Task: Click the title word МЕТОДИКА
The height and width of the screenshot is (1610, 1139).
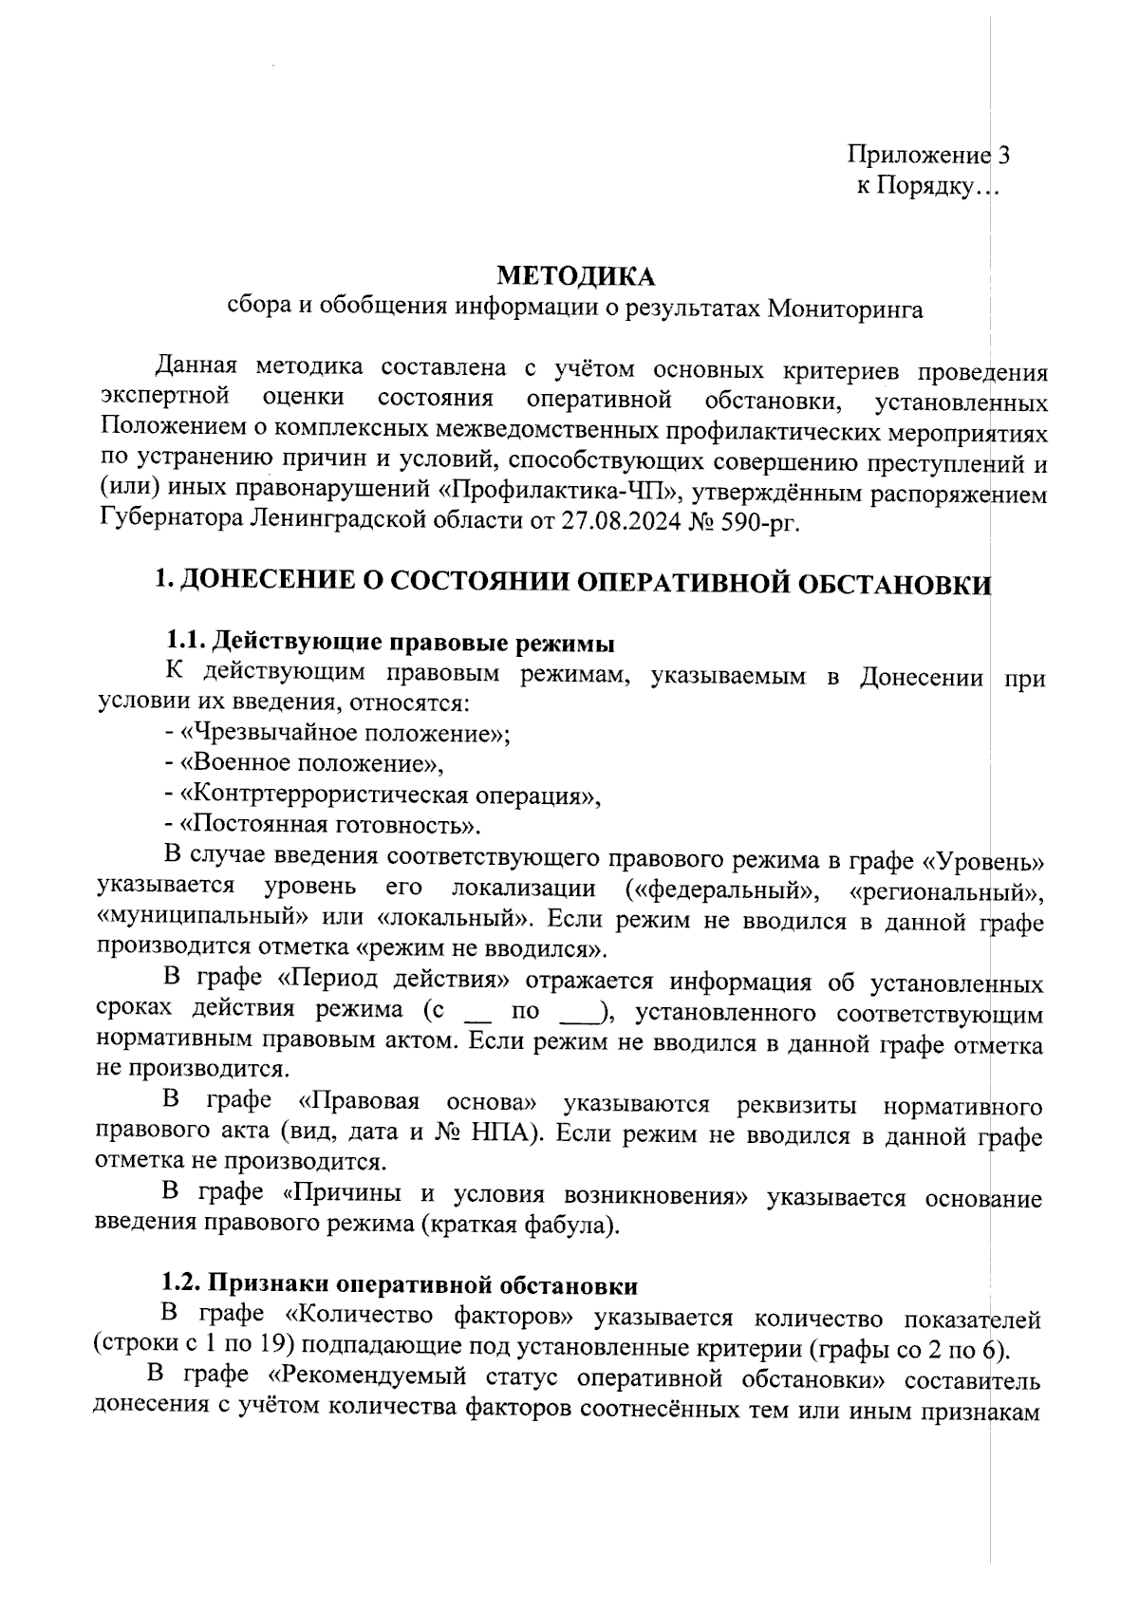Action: coord(576,276)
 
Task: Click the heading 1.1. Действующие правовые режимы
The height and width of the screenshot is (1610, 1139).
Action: coord(389,643)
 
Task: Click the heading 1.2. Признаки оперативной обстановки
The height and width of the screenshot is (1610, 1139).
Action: coord(399,1285)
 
